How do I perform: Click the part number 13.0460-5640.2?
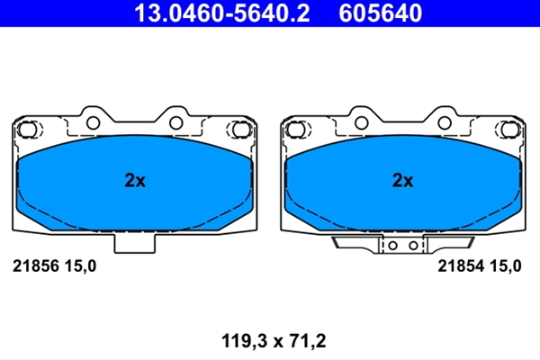pyautogui.click(x=222, y=13)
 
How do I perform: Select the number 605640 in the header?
pyautogui.click(x=380, y=13)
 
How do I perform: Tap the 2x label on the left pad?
pyautogui.click(x=135, y=180)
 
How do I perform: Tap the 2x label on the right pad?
pyautogui.click(x=403, y=180)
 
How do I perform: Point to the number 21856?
pyautogui.click(x=35, y=266)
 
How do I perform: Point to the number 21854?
pyautogui.click(x=461, y=266)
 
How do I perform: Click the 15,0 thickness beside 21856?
pyautogui.click(x=80, y=266)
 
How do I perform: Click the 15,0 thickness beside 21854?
pyautogui.click(x=505, y=266)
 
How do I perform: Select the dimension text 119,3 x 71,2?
pyautogui.click(x=274, y=341)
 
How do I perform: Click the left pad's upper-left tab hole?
pyautogui.click(x=93, y=122)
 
